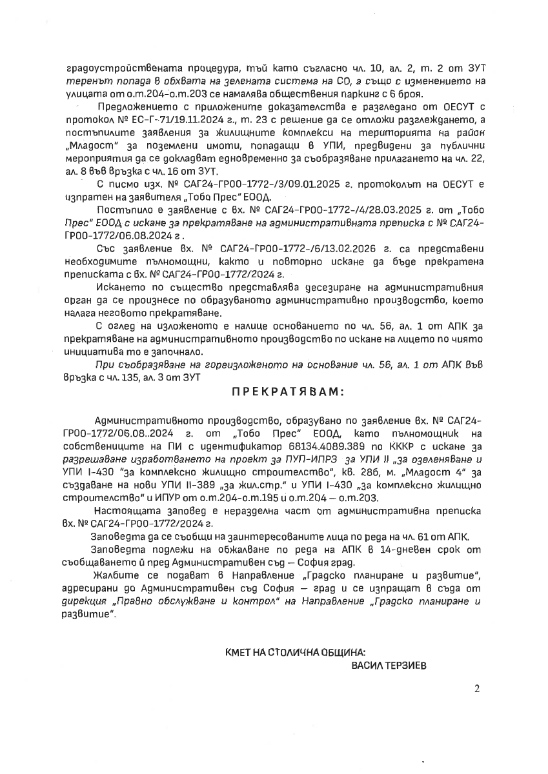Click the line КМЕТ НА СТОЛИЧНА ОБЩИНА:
point(299,653)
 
